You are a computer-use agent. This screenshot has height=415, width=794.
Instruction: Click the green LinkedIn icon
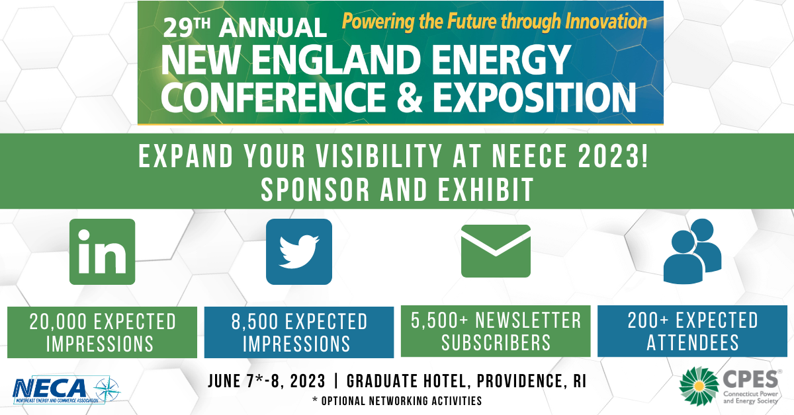102,252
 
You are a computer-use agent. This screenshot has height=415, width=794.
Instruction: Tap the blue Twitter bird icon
299,252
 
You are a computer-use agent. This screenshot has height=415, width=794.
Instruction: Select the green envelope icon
496,251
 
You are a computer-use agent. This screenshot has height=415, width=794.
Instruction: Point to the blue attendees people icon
692,251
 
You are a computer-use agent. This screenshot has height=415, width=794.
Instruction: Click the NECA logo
67,390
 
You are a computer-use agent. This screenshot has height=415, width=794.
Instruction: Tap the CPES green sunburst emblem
699,387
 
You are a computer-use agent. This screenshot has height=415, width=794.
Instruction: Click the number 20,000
58,322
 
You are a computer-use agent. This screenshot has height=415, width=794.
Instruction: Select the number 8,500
255,322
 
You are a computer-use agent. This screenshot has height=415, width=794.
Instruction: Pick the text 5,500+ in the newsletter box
439,320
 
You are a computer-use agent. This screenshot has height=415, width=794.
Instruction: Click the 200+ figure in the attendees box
648,320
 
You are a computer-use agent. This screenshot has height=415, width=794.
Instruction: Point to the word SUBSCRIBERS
496,343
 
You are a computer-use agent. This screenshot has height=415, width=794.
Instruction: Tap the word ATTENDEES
693,343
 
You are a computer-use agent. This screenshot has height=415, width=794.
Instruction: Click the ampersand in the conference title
410,97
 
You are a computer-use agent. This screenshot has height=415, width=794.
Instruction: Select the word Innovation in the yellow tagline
606,21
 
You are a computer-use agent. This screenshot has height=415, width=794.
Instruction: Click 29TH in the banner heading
187,27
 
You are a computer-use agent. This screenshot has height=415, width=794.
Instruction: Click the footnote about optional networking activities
397,401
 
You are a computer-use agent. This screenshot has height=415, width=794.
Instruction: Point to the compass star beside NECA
107,391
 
